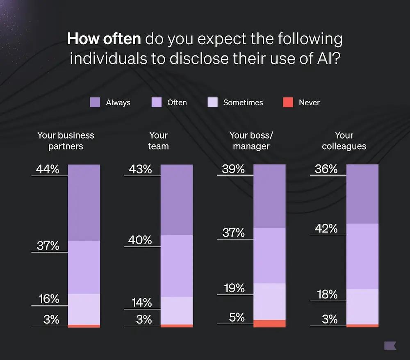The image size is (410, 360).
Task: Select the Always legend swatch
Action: click(95, 103)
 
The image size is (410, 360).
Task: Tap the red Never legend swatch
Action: click(288, 103)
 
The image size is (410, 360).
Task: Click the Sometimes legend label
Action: click(243, 103)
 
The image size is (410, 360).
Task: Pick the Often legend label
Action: click(177, 103)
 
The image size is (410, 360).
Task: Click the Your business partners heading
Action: click(66, 141)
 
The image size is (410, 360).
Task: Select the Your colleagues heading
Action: click(344, 141)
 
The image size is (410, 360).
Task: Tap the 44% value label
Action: click(48, 169)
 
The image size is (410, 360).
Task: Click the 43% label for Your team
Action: click(140, 169)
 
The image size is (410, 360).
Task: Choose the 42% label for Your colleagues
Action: click(326, 228)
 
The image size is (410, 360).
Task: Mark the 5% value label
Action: click(237, 317)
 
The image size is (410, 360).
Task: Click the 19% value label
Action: click(234, 288)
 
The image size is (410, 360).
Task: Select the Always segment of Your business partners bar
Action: click(84, 203)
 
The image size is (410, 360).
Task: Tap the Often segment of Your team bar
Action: click(176, 266)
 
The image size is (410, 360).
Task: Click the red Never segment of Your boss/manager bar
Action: click(269, 324)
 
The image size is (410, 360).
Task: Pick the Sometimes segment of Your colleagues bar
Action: click(362, 306)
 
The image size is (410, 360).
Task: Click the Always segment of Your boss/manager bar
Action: click(269, 196)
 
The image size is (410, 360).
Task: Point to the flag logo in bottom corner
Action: click(390, 345)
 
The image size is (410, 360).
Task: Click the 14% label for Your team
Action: click(141, 303)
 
